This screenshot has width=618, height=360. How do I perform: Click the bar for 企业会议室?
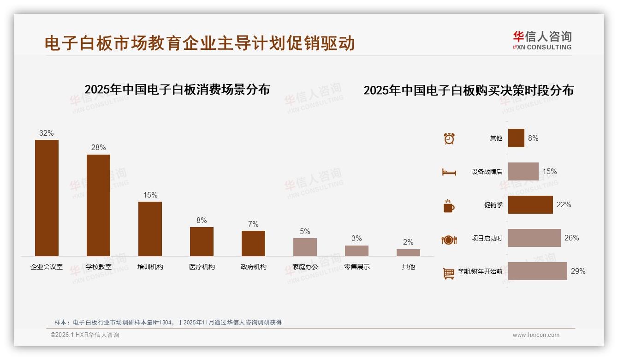tap(47, 198)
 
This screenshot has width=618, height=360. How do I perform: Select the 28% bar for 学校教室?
tap(98, 205)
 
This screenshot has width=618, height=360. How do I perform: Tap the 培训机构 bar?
tap(150, 229)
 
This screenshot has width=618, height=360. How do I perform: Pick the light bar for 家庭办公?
tap(305, 247)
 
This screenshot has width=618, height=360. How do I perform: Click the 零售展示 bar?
tap(357, 251)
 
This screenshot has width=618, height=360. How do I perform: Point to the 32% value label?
tap(47, 133)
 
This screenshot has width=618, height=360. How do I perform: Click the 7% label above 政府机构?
tap(253, 224)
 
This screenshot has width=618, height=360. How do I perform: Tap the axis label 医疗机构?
tap(202, 267)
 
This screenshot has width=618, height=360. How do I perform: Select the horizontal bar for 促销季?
tap(530, 204)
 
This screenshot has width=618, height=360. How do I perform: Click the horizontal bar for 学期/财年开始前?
tap(538, 271)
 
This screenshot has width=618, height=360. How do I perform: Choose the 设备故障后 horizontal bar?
tap(523, 171)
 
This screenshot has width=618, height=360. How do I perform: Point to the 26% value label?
tap(571, 238)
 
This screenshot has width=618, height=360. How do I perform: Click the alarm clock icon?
tap(449, 138)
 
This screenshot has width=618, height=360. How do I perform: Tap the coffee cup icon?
tap(449, 206)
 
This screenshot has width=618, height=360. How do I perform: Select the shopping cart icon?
tap(449, 273)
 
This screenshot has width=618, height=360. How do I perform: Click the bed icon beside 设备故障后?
tap(449, 172)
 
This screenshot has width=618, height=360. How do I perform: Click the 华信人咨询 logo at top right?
tap(542, 40)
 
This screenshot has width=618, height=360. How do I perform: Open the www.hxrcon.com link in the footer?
tap(536, 335)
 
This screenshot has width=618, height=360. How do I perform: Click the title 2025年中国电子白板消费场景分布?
tap(177, 89)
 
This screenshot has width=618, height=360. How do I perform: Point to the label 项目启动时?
tap(487, 238)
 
